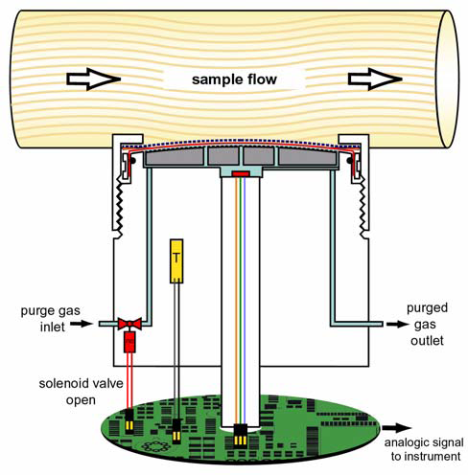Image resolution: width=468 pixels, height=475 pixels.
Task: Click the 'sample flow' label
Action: [x=234, y=79]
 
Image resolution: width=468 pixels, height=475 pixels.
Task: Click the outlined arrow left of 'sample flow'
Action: [x=93, y=79]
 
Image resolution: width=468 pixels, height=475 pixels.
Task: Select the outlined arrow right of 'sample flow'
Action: [x=375, y=79]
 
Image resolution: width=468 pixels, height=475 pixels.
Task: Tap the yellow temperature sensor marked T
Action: [x=176, y=261]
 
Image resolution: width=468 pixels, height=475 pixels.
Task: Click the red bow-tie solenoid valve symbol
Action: [x=129, y=324]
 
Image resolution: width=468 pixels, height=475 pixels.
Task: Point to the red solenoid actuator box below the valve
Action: [x=129, y=342]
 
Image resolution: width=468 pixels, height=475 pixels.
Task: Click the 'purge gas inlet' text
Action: [x=51, y=319]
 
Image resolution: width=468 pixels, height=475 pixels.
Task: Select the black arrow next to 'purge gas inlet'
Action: [x=81, y=324]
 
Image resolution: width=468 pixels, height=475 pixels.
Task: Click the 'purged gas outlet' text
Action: [x=427, y=325]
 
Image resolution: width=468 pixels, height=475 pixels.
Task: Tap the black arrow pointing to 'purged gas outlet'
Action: [x=397, y=324]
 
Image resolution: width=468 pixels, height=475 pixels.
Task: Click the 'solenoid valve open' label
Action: [x=81, y=392]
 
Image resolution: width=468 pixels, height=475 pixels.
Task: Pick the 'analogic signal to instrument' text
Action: [x=424, y=449]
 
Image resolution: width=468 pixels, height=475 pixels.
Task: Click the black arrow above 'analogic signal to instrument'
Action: [x=396, y=428]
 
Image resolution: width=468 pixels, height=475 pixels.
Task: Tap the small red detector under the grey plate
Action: [x=241, y=173]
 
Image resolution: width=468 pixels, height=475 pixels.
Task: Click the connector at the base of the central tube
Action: [x=241, y=436]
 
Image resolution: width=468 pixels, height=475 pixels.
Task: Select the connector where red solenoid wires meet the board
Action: [x=129, y=421]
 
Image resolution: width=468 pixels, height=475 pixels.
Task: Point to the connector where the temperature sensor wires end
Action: [x=176, y=432]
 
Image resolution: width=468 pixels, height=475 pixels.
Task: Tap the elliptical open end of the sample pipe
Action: [x=448, y=79]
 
